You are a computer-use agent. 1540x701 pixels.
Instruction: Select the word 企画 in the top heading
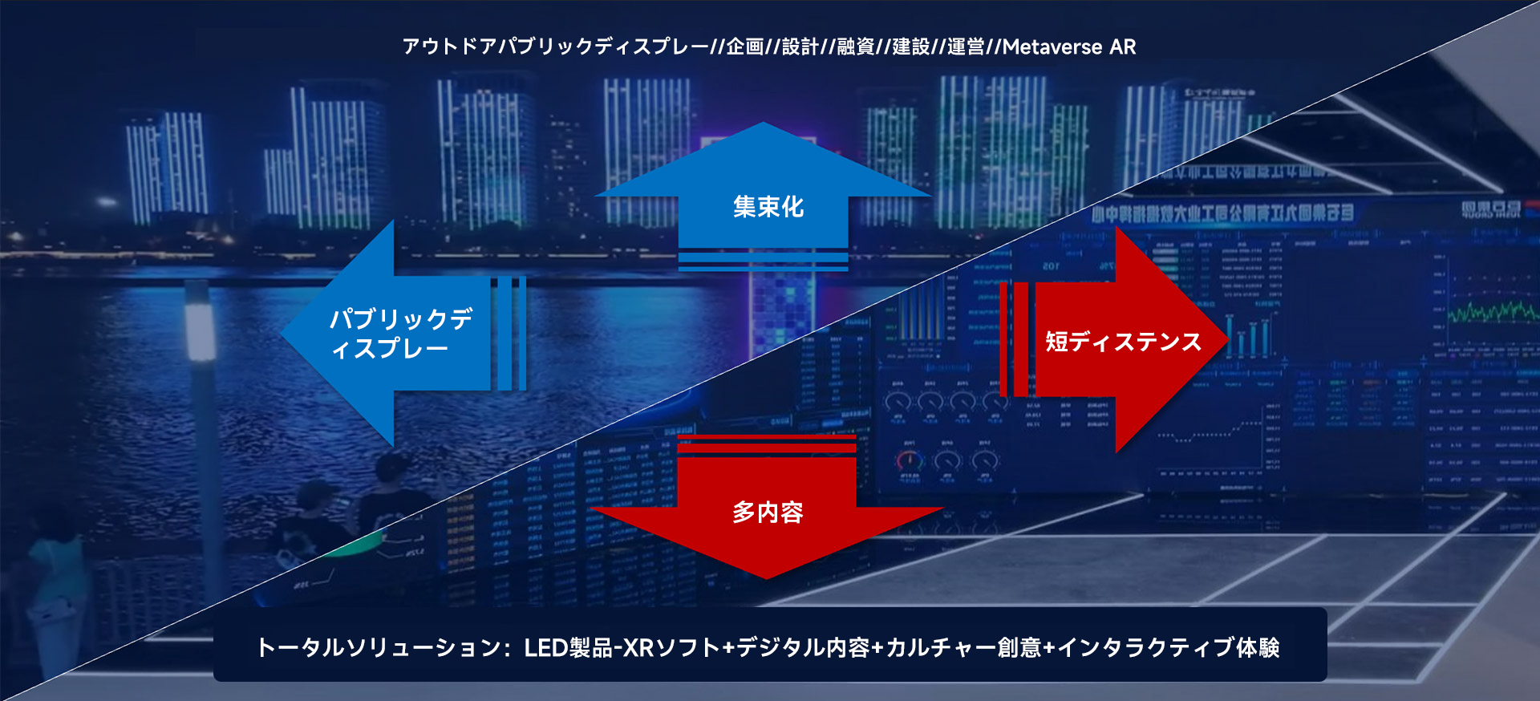click(x=745, y=47)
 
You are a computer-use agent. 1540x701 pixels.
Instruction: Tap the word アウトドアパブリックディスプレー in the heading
click(x=555, y=47)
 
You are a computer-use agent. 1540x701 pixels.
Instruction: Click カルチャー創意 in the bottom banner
click(x=963, y=647)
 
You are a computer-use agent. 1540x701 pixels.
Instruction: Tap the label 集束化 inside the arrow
click(x=768, y=208)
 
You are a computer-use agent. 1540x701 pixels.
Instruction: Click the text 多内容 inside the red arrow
click(x=768, y=513)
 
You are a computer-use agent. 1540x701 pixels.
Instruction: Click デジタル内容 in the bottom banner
click(x=803, y=647)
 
